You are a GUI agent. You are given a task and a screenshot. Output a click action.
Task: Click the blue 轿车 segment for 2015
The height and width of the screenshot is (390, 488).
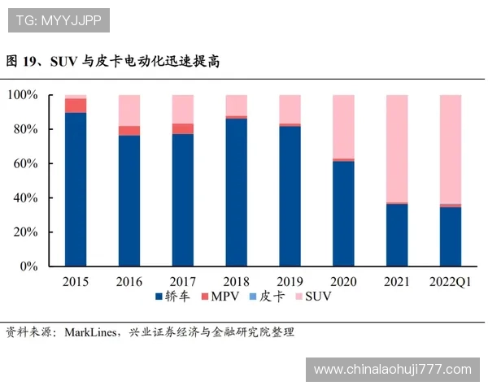coord(76,188)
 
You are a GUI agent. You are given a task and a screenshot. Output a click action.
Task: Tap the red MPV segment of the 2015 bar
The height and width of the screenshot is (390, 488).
coord(76,106)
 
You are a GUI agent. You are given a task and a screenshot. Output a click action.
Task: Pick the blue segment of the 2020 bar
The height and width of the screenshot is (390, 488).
coord(343,214)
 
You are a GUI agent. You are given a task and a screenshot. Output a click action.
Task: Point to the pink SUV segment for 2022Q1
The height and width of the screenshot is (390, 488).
coord(451,149)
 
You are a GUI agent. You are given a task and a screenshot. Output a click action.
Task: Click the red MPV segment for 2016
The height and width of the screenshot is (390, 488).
coord(129,131)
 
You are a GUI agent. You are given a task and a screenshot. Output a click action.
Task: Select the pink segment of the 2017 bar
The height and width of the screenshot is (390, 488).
coord(183,109)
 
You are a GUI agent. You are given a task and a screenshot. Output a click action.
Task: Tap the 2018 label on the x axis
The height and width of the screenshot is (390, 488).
coord(236,281)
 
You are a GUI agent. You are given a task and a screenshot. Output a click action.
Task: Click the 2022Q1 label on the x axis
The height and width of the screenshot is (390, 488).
coord(451,281)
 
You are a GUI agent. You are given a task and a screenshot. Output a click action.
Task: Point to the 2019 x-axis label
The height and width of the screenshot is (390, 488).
coord(290,281)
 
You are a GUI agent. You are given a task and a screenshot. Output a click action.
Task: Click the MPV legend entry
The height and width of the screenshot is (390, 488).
coord(219,297)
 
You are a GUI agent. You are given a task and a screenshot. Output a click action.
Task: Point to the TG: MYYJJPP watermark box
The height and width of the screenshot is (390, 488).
coord(58,19)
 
